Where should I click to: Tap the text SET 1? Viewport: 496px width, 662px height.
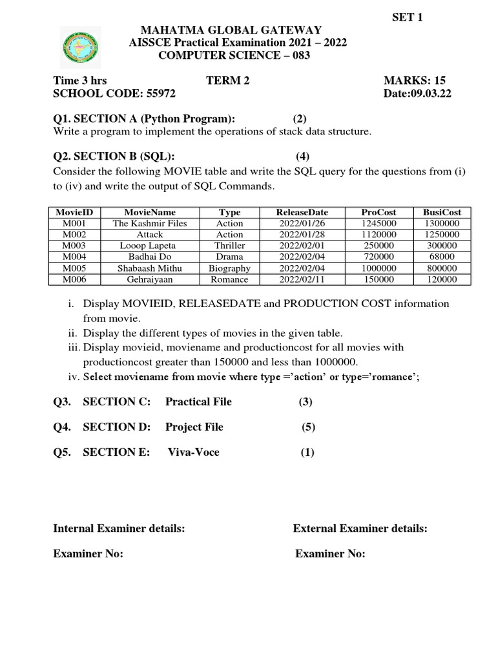(x=408, y=17)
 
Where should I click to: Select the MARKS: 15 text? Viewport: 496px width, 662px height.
(x=415, y=80)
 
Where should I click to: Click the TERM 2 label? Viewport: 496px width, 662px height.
(x=227, y=80)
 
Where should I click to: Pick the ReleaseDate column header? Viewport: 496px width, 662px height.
(x=302, y=212)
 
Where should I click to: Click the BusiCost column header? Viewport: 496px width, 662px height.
(x=442, y=212)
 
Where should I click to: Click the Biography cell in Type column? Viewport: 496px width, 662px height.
(x=229, y=268)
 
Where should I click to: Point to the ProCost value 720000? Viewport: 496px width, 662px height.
(x=378, y=257)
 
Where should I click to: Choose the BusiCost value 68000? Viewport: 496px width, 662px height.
(x=442, y=257)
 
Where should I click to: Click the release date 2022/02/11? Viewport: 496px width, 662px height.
(x=302, y=279)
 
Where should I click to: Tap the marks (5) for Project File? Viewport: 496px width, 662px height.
(x=309, y=427)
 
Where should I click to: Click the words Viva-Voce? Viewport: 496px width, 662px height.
(x=193, y=452)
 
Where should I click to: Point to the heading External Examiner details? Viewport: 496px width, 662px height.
(x=360, y=529)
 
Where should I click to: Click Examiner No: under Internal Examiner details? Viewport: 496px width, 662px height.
(x=88, y=554)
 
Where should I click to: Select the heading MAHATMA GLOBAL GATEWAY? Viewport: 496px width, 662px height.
(x=227, y=30)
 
